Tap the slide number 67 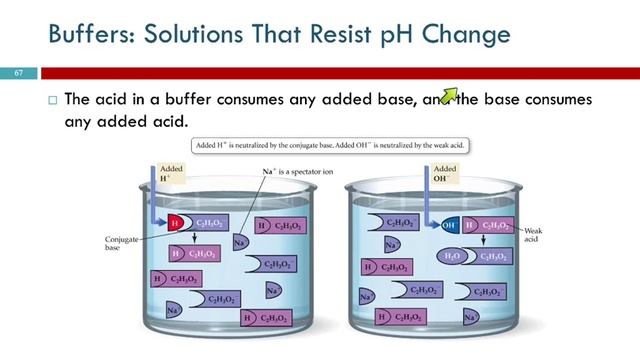click(x=18, y=74)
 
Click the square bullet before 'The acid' click(x=53, y=101)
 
